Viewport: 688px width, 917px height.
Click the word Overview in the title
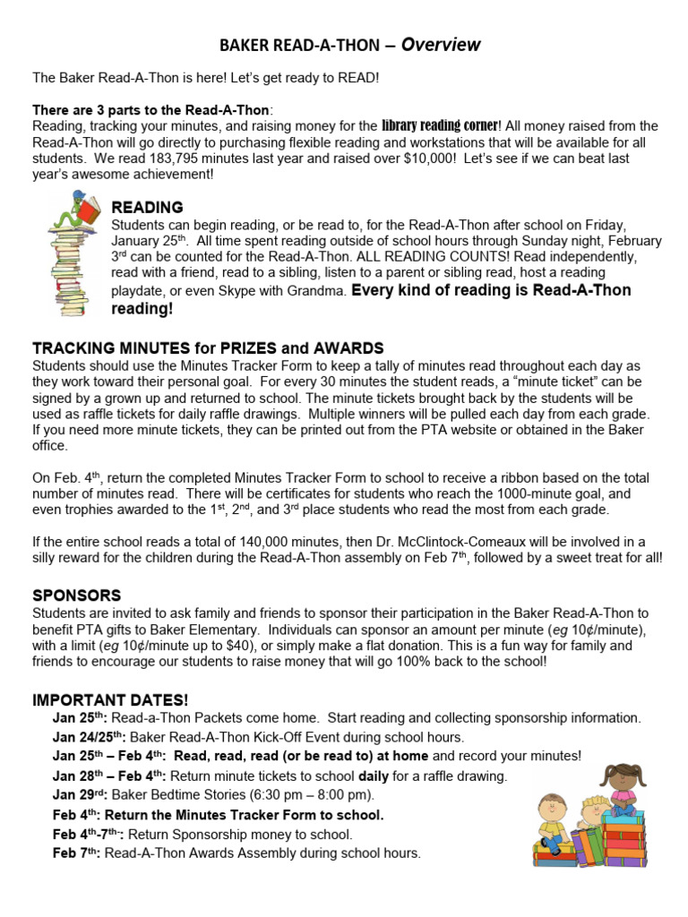(x=441, y=45)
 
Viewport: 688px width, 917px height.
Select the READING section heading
(x=148, y=208)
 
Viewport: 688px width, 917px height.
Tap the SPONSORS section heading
(x=76, y=596)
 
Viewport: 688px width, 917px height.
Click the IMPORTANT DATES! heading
(x=111, y=699)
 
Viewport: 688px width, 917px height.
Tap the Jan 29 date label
(x=79, y=794)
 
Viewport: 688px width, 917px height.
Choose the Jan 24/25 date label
(x=89, y=737)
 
